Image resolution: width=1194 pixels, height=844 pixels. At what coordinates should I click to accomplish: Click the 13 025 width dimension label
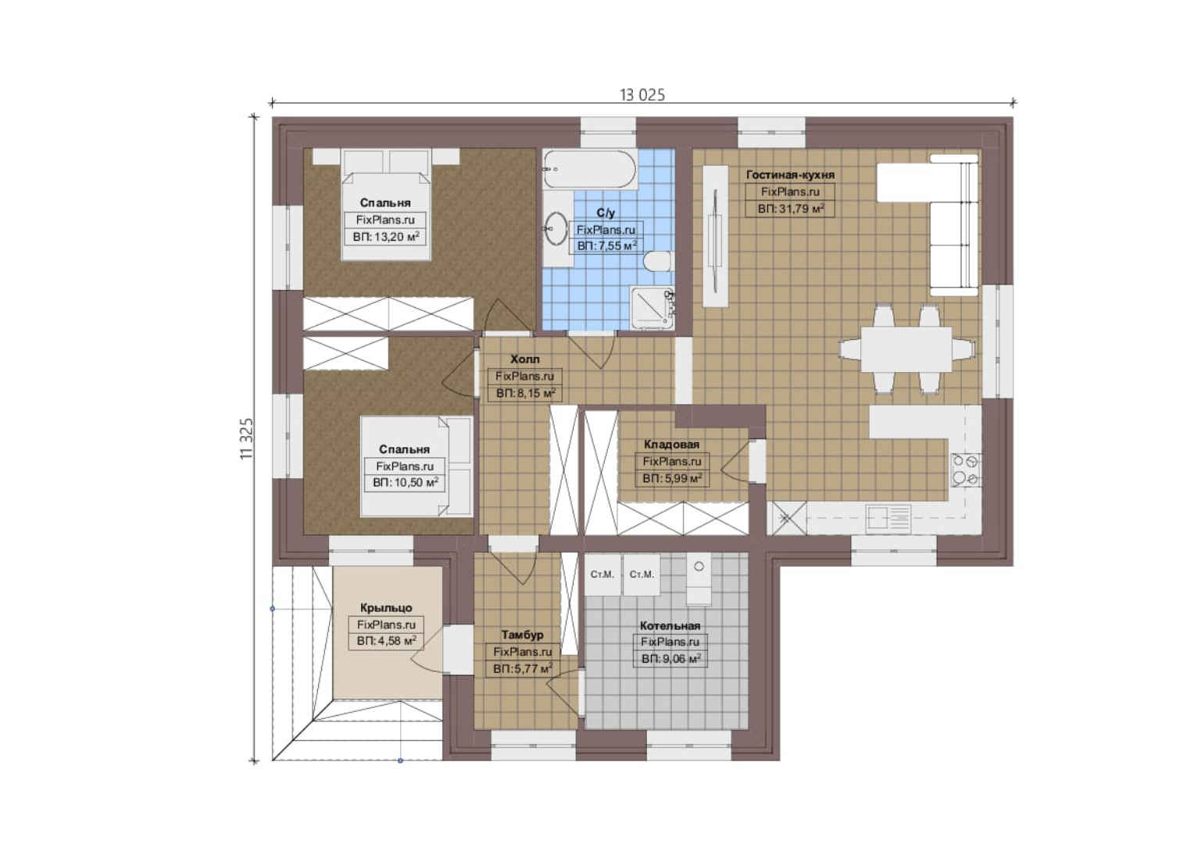coord(642,95)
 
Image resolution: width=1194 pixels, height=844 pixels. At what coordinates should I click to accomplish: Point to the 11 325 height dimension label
coord(247,438)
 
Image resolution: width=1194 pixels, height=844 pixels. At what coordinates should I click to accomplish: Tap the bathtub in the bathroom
coord(589,169)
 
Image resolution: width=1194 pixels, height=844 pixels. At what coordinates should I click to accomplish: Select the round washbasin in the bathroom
coord(556,229)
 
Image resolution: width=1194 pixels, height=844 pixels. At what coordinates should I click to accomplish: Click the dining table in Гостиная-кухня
coord(906,349)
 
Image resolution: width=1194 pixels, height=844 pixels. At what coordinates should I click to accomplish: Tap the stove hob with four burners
coord(966,470)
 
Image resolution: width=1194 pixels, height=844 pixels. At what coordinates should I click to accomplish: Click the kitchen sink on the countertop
coord(888,517)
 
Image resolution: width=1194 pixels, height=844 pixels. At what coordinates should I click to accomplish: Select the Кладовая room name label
coord(671,444)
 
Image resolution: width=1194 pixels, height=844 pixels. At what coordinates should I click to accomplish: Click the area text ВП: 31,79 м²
coord(791,209)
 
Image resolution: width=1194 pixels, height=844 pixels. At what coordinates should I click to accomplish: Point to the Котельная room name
coord(670,625)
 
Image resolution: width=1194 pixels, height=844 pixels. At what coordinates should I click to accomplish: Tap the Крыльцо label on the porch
coord(386,608)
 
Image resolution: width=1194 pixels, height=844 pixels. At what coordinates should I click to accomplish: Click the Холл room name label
coord(524,359)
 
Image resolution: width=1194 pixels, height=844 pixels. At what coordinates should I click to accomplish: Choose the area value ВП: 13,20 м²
coord(386,237)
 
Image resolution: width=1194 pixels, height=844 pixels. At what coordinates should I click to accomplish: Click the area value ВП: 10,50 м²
coord(406,483)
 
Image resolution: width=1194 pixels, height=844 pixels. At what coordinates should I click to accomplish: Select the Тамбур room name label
coord(522,635)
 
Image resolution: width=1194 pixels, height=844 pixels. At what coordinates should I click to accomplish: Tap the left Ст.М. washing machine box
coord(602,574)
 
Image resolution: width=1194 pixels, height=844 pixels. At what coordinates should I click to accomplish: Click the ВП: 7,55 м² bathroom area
coord(607,246)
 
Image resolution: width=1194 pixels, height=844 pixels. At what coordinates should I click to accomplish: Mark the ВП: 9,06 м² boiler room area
coord(670,660)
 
